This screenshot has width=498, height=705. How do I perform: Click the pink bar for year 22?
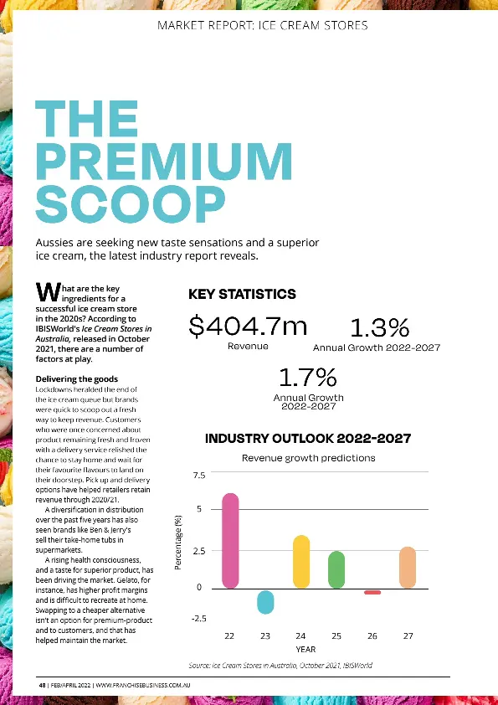[230, 540]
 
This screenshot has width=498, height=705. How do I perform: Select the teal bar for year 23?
[265, 602]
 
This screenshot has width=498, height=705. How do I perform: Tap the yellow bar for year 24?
[301, 561]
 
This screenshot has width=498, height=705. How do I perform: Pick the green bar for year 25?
[336, 569]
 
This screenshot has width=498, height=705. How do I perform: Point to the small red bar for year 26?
[372, 592]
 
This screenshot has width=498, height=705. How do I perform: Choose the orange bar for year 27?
[408, 567]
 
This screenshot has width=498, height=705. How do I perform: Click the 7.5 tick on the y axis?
[198, 476]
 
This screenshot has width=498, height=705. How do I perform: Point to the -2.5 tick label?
[198, 618]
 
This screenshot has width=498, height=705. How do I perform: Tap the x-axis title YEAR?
[305, 649]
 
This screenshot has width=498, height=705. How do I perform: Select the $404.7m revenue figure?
[248, 326]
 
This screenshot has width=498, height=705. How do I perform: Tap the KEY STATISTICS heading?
[242, 294]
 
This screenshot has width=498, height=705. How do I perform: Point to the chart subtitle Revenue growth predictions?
[308, 458]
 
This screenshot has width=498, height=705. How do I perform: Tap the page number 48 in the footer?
[41, 686]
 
